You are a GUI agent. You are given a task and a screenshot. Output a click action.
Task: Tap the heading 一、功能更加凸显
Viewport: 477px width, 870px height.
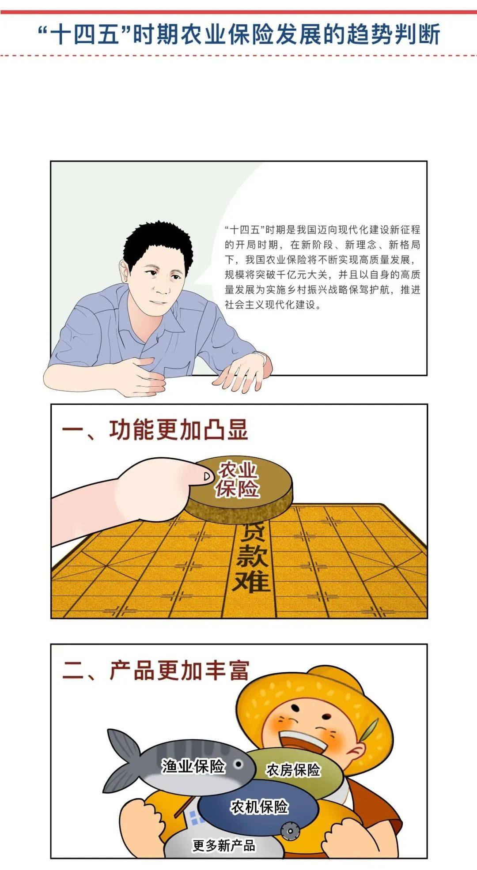[x=155, y=429]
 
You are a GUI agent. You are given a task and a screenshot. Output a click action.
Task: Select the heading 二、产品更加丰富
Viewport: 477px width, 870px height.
[x=156, y=670]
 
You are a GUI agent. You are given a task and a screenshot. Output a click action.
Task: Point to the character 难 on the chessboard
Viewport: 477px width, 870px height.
[x=251, y=582]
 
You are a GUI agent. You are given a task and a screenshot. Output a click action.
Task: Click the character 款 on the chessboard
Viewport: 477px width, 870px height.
[x=252, y=555]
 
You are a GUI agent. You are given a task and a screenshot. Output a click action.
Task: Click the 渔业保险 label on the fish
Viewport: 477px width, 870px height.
[x=193, y=766]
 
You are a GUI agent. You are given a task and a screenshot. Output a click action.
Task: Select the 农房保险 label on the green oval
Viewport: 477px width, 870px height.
[x=293, y=770]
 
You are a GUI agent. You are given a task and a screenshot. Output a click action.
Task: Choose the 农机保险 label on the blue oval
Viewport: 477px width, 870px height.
[x=259, y=807]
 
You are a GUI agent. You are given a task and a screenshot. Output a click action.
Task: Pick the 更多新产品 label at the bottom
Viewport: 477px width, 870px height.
[x=224, y=846]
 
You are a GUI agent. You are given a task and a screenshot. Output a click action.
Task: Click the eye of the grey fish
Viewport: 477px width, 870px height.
[x=238, y=764]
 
